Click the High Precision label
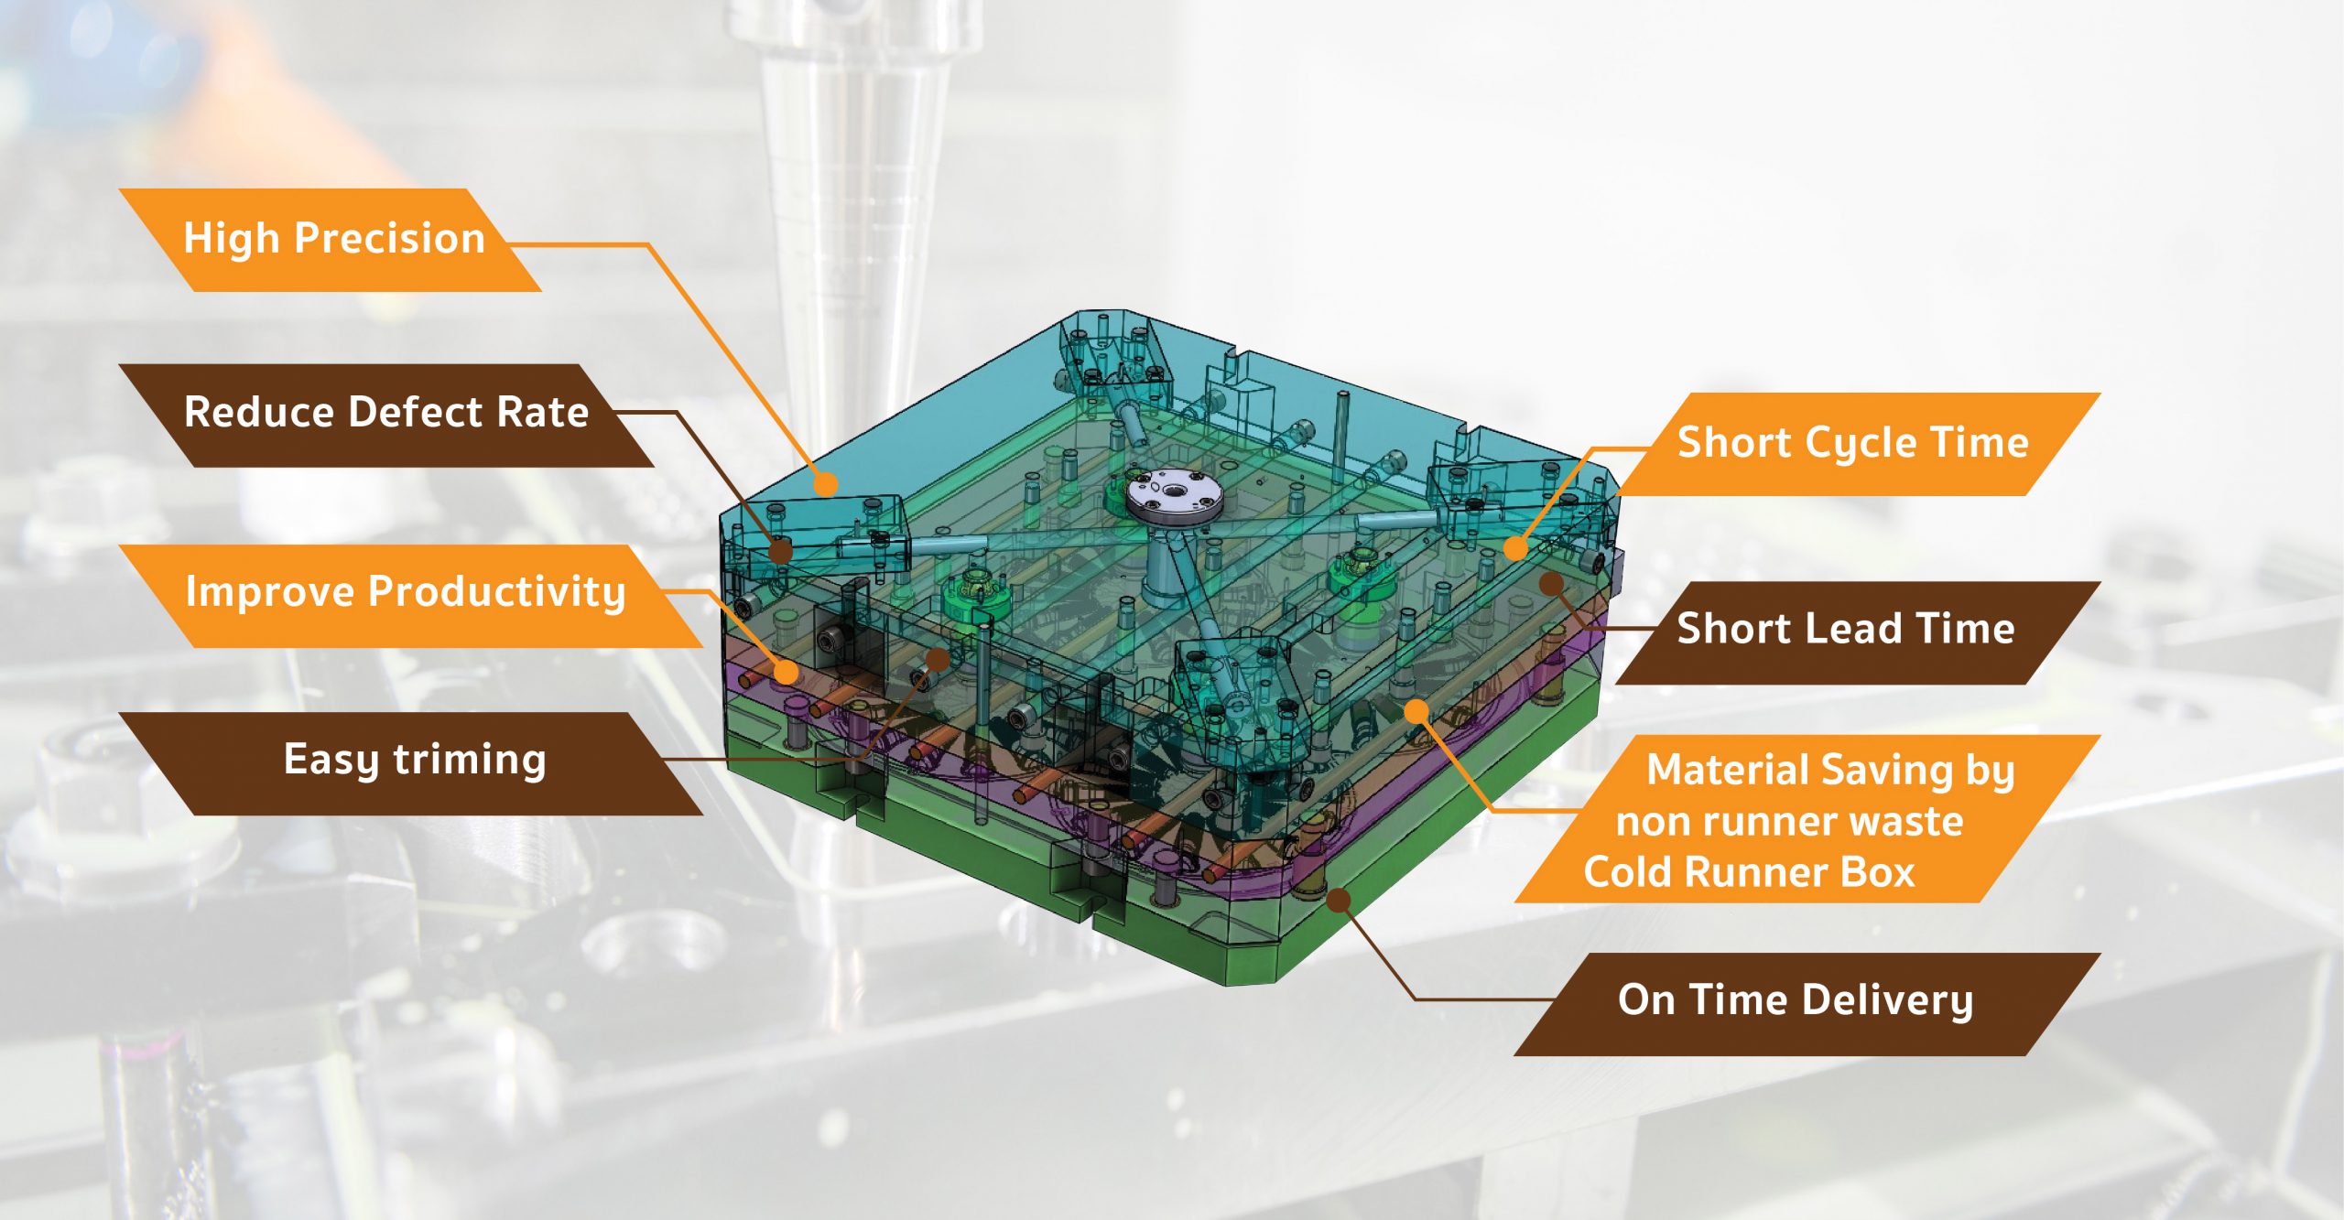click(x=333, y=240)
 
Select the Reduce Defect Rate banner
click(x=386, y=414)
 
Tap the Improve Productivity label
click(x=406, y=593)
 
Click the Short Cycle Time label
click(x=1853, y=444)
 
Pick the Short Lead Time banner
click(x=1846, y=630)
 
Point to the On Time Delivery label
click(x=1795, y=1001)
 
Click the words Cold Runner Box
click(x=1749, y=872)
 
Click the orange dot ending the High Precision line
click(x=826, y=484)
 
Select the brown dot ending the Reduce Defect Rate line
click(x=780, y=551)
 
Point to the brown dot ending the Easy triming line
click(x=938, y=659)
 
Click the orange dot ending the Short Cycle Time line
click(x=1515, y=548)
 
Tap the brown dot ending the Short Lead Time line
click(x=1550, y=583)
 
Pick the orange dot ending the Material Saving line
click(x=1416, y=710)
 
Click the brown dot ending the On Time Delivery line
click(x=1338, y=901)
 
